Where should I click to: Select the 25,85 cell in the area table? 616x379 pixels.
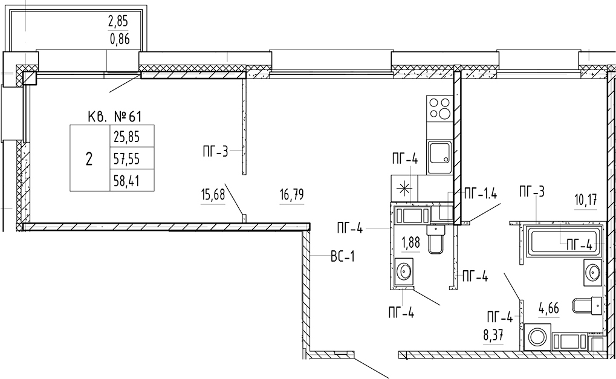click(127, 137)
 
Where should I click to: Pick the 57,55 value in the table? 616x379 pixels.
click(127, 159)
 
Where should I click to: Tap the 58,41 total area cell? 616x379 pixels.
click(127, 181)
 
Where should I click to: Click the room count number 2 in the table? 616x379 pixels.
click(89, 160)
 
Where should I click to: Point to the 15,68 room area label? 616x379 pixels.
click(213, 195)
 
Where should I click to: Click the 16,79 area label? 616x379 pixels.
click(292, 195)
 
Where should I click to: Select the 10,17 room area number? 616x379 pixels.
click(585, 201)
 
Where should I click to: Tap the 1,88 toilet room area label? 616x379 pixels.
click(410, 243)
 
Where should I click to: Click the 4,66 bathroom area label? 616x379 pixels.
click(548, 308)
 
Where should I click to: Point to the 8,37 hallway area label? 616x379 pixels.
click(493, 335)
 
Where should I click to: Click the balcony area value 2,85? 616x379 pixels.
click(118, 22)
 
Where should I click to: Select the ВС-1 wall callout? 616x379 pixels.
click(343, 258)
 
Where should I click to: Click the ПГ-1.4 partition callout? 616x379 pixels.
click(481, 193)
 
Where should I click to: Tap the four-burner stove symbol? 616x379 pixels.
click(441, 108)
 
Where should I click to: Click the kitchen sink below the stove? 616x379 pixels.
click(441, 157)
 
